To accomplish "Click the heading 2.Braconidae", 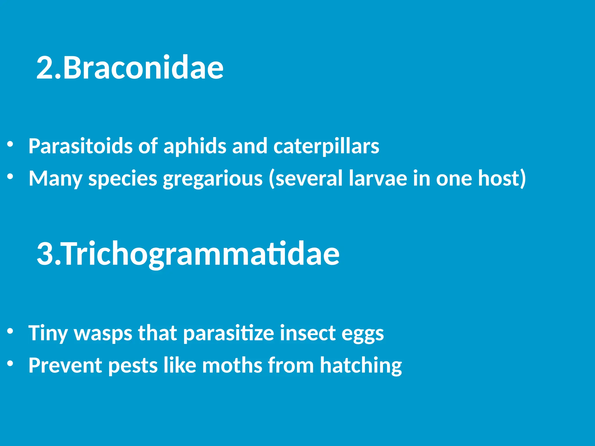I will point(130,67).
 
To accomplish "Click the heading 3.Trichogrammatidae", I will point(188,253).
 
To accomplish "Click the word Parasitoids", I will point(80,146).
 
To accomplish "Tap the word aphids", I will point(195,146).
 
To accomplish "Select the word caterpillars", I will point(326,146).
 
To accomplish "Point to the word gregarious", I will point(213,178).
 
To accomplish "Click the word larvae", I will point(378,178).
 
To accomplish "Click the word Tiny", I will point(48,333).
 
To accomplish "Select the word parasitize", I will point(229,333).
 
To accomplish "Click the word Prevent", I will point(65,365).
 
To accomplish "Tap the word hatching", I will point(361,365).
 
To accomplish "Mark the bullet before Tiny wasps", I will point(10,331).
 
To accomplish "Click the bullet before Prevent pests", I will point(10,363).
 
